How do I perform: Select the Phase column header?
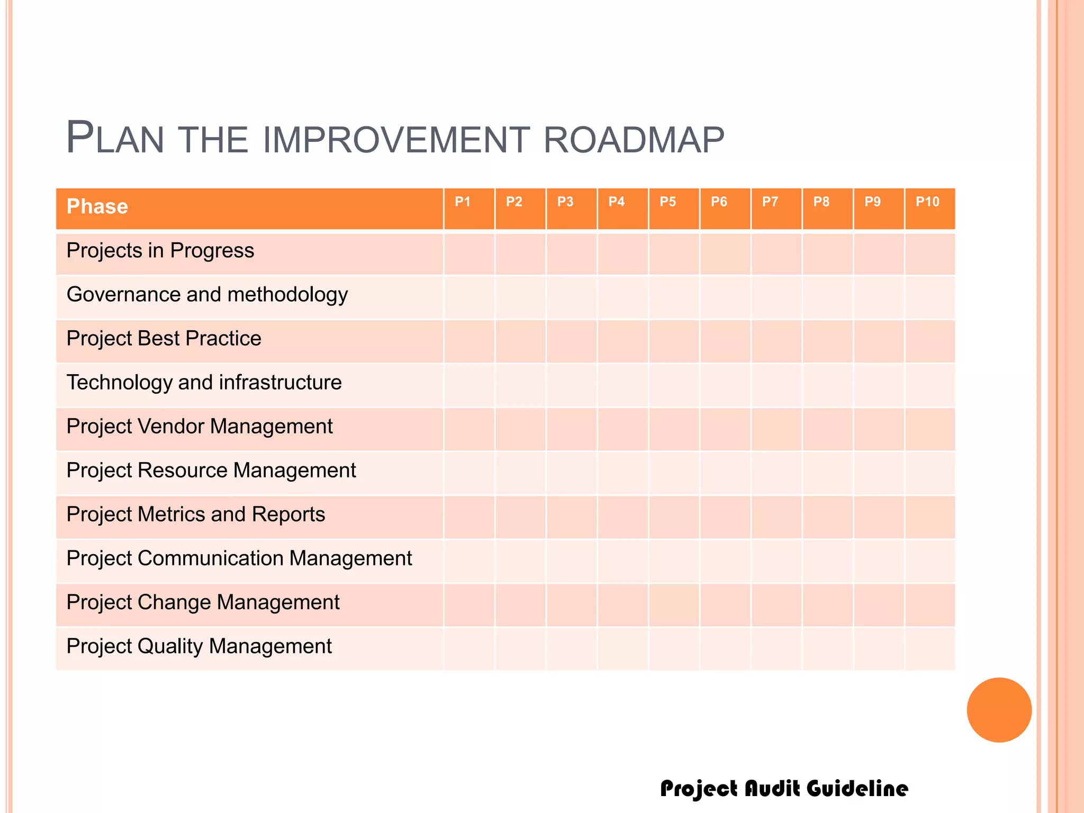[x=97, y=206]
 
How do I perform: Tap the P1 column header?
[x=463, y=202]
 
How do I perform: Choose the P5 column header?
[x=667, y=202]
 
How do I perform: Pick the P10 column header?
[x=927, y=202]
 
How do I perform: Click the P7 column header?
[x=770, y=202]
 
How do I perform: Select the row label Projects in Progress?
[x=160, y=250]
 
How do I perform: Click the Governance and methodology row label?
[x=207, y=294]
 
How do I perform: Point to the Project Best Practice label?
[x=164, y=338]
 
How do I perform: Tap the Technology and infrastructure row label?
[x=204, y=382]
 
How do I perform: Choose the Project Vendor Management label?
[x=200, y=426]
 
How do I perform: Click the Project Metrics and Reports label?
[x=196, y=514]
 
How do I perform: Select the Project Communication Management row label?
[x=239, y=558]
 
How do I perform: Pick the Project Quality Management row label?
[x=199, y=646]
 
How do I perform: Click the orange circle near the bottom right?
[x=999, y=710]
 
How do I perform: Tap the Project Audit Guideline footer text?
[x=784, y=789]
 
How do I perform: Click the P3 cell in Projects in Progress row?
[x=572, y=254]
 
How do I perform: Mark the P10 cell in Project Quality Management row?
[x=930, y=649]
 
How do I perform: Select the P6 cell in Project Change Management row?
[x=725, y=605]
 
